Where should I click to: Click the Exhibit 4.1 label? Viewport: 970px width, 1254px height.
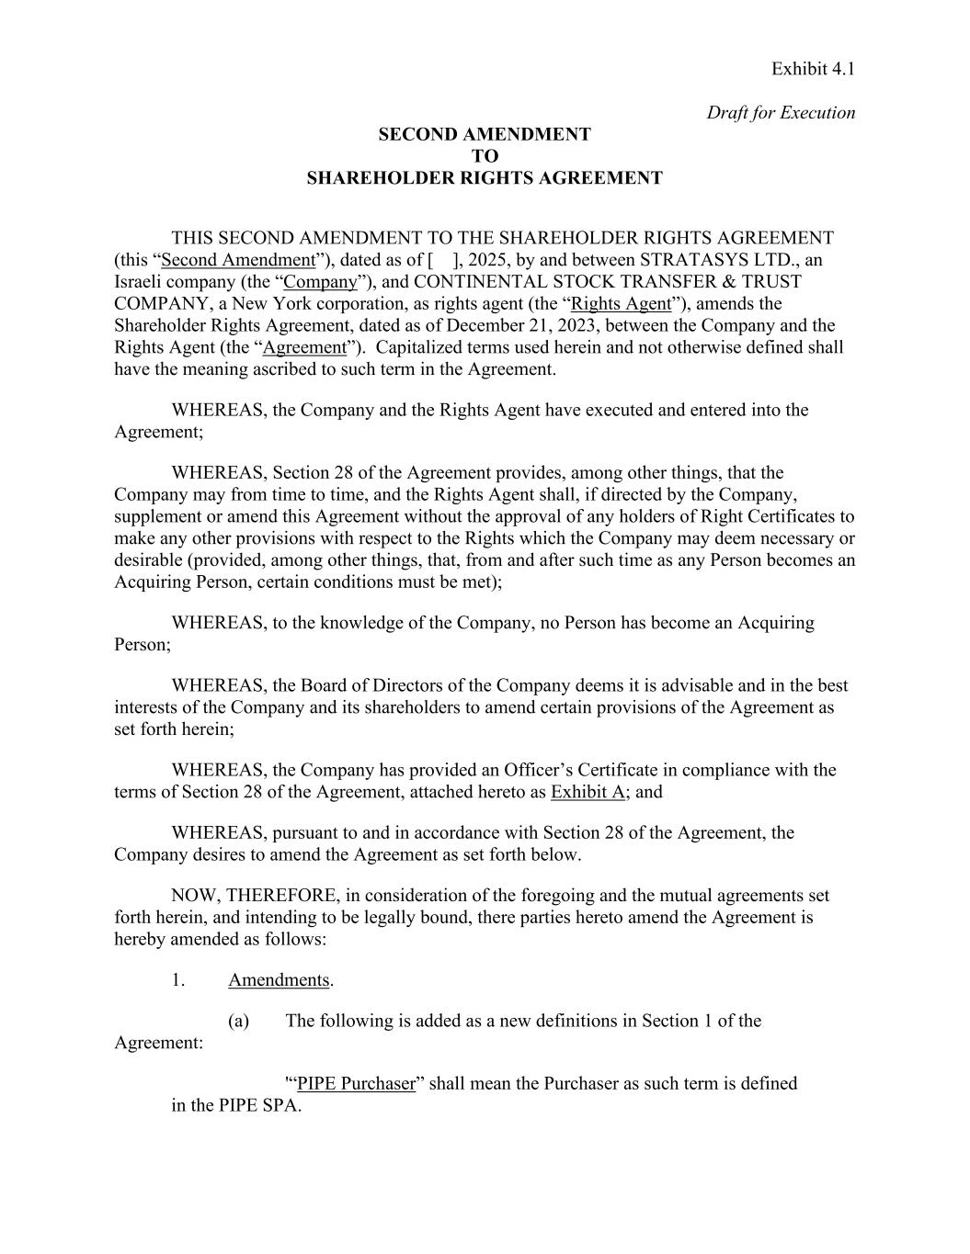[813, 69]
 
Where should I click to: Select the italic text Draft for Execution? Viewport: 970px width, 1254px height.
[781, 113]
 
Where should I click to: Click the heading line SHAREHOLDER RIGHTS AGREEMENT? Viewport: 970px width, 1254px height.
[484, 178]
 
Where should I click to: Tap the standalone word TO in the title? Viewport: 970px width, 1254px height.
[485, 156]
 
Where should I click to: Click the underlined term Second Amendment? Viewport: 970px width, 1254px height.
[238, 260]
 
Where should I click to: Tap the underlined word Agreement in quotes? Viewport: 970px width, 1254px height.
[304, 347]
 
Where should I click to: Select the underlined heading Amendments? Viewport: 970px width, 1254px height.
[279, 980]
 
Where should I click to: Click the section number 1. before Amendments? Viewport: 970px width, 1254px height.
[178, 980]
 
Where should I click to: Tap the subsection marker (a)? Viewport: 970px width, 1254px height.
[238, 1021]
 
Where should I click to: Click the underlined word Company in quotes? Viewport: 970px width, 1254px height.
[320, 282]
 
